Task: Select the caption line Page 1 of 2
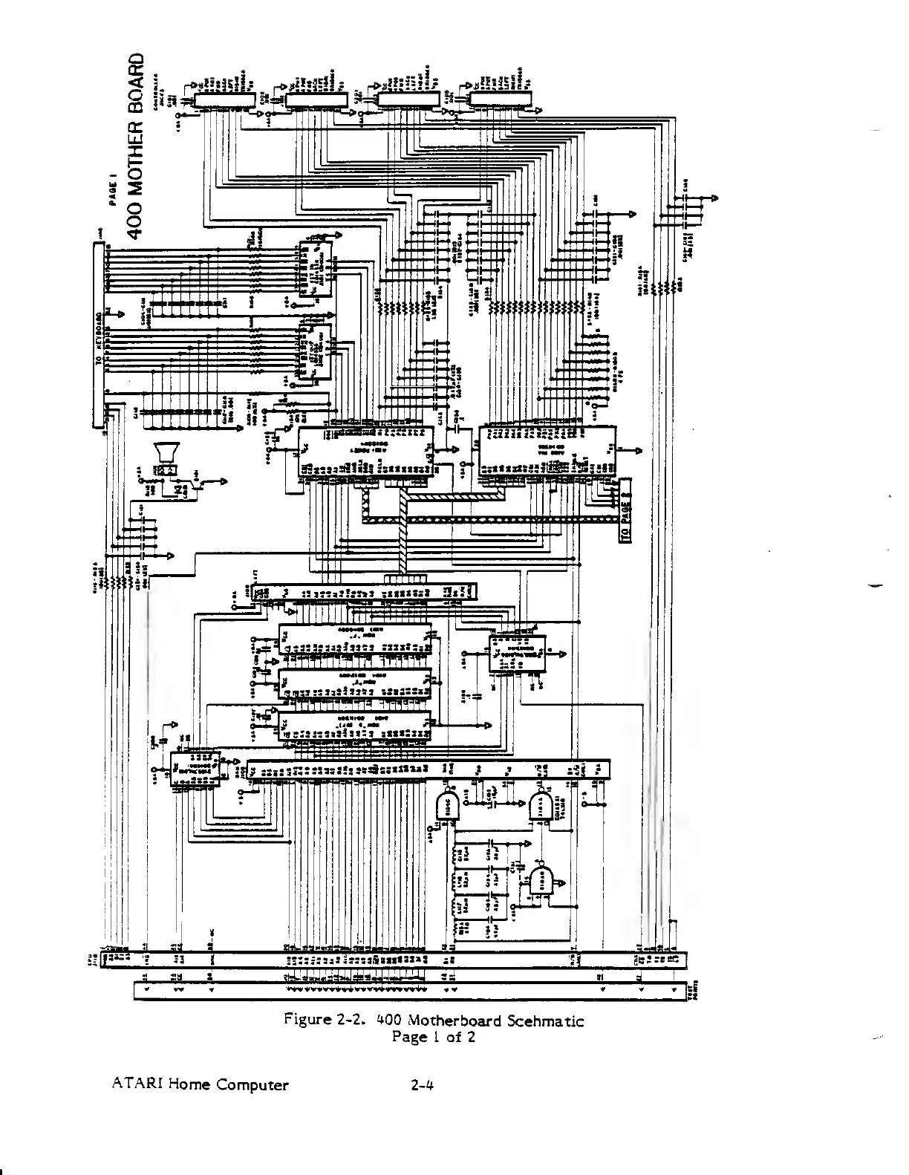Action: [x=433, y=1037]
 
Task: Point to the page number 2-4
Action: [x=422, y=1084]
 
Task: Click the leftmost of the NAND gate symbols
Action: [x=447, y=803]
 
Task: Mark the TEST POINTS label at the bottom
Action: [x=697, y=991]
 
